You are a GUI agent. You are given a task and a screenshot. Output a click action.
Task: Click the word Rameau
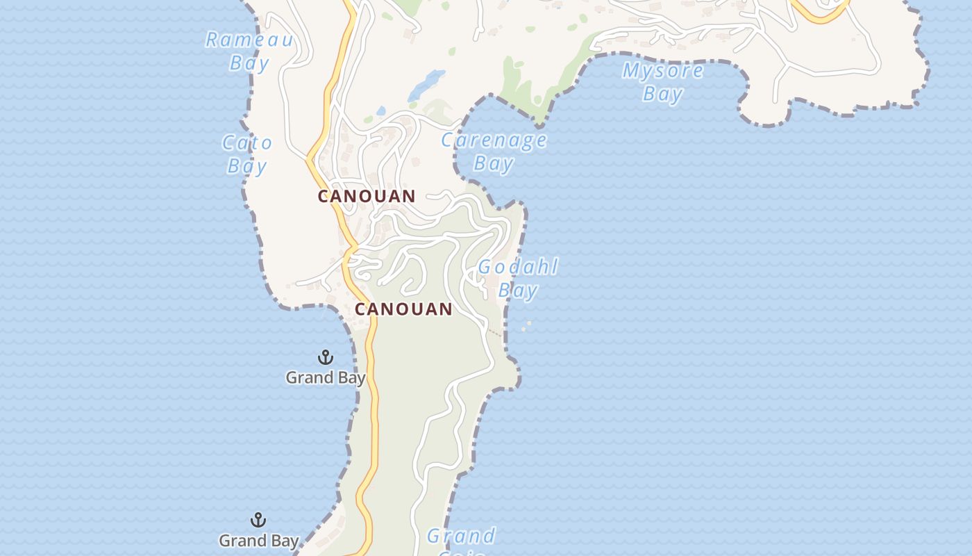point(249,40)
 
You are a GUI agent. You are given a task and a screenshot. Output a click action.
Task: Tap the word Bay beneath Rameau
point(249,63)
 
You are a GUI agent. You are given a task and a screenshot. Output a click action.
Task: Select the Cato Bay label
point(247,155)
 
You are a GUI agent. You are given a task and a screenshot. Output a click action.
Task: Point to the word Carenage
point(494,140)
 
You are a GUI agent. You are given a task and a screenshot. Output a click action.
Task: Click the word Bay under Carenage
point(494,164)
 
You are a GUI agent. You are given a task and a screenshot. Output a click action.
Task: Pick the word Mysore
point(662,70)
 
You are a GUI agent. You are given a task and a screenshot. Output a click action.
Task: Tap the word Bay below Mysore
point(662,93)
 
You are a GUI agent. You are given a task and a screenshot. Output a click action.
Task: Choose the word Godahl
point(518,268)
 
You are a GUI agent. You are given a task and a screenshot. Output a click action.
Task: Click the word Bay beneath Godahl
point(518,290)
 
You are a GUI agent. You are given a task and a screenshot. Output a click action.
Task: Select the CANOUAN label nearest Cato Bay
point(367,197)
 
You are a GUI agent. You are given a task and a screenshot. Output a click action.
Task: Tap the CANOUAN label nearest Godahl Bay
point(403,309)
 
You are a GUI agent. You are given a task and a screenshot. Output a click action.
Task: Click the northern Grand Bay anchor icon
point(325,357)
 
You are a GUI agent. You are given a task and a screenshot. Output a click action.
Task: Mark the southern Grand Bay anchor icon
point(258,520)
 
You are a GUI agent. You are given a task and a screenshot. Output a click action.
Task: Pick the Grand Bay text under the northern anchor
point(326,378)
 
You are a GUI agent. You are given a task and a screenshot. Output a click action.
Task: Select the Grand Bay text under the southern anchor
point(259,541)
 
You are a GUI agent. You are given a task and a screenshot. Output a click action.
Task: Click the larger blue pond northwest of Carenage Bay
point(426,85)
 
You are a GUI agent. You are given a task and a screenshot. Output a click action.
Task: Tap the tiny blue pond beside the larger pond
point(380,111)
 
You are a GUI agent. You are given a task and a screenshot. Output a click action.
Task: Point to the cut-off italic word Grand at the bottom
point(461,537)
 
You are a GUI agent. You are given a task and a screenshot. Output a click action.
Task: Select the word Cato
point(247,144)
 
